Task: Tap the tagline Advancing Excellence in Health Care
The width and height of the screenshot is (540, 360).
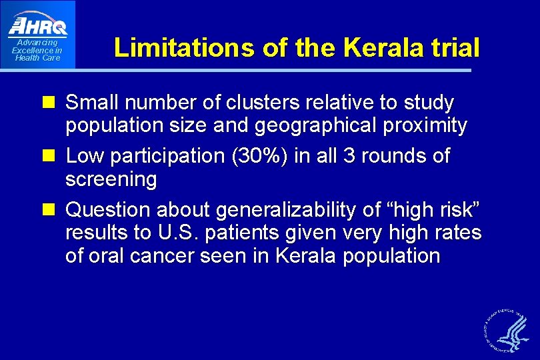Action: click(37, 51)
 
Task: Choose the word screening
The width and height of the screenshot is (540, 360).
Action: click(111, 179)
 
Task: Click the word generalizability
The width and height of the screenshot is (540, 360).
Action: click(281, 210)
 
